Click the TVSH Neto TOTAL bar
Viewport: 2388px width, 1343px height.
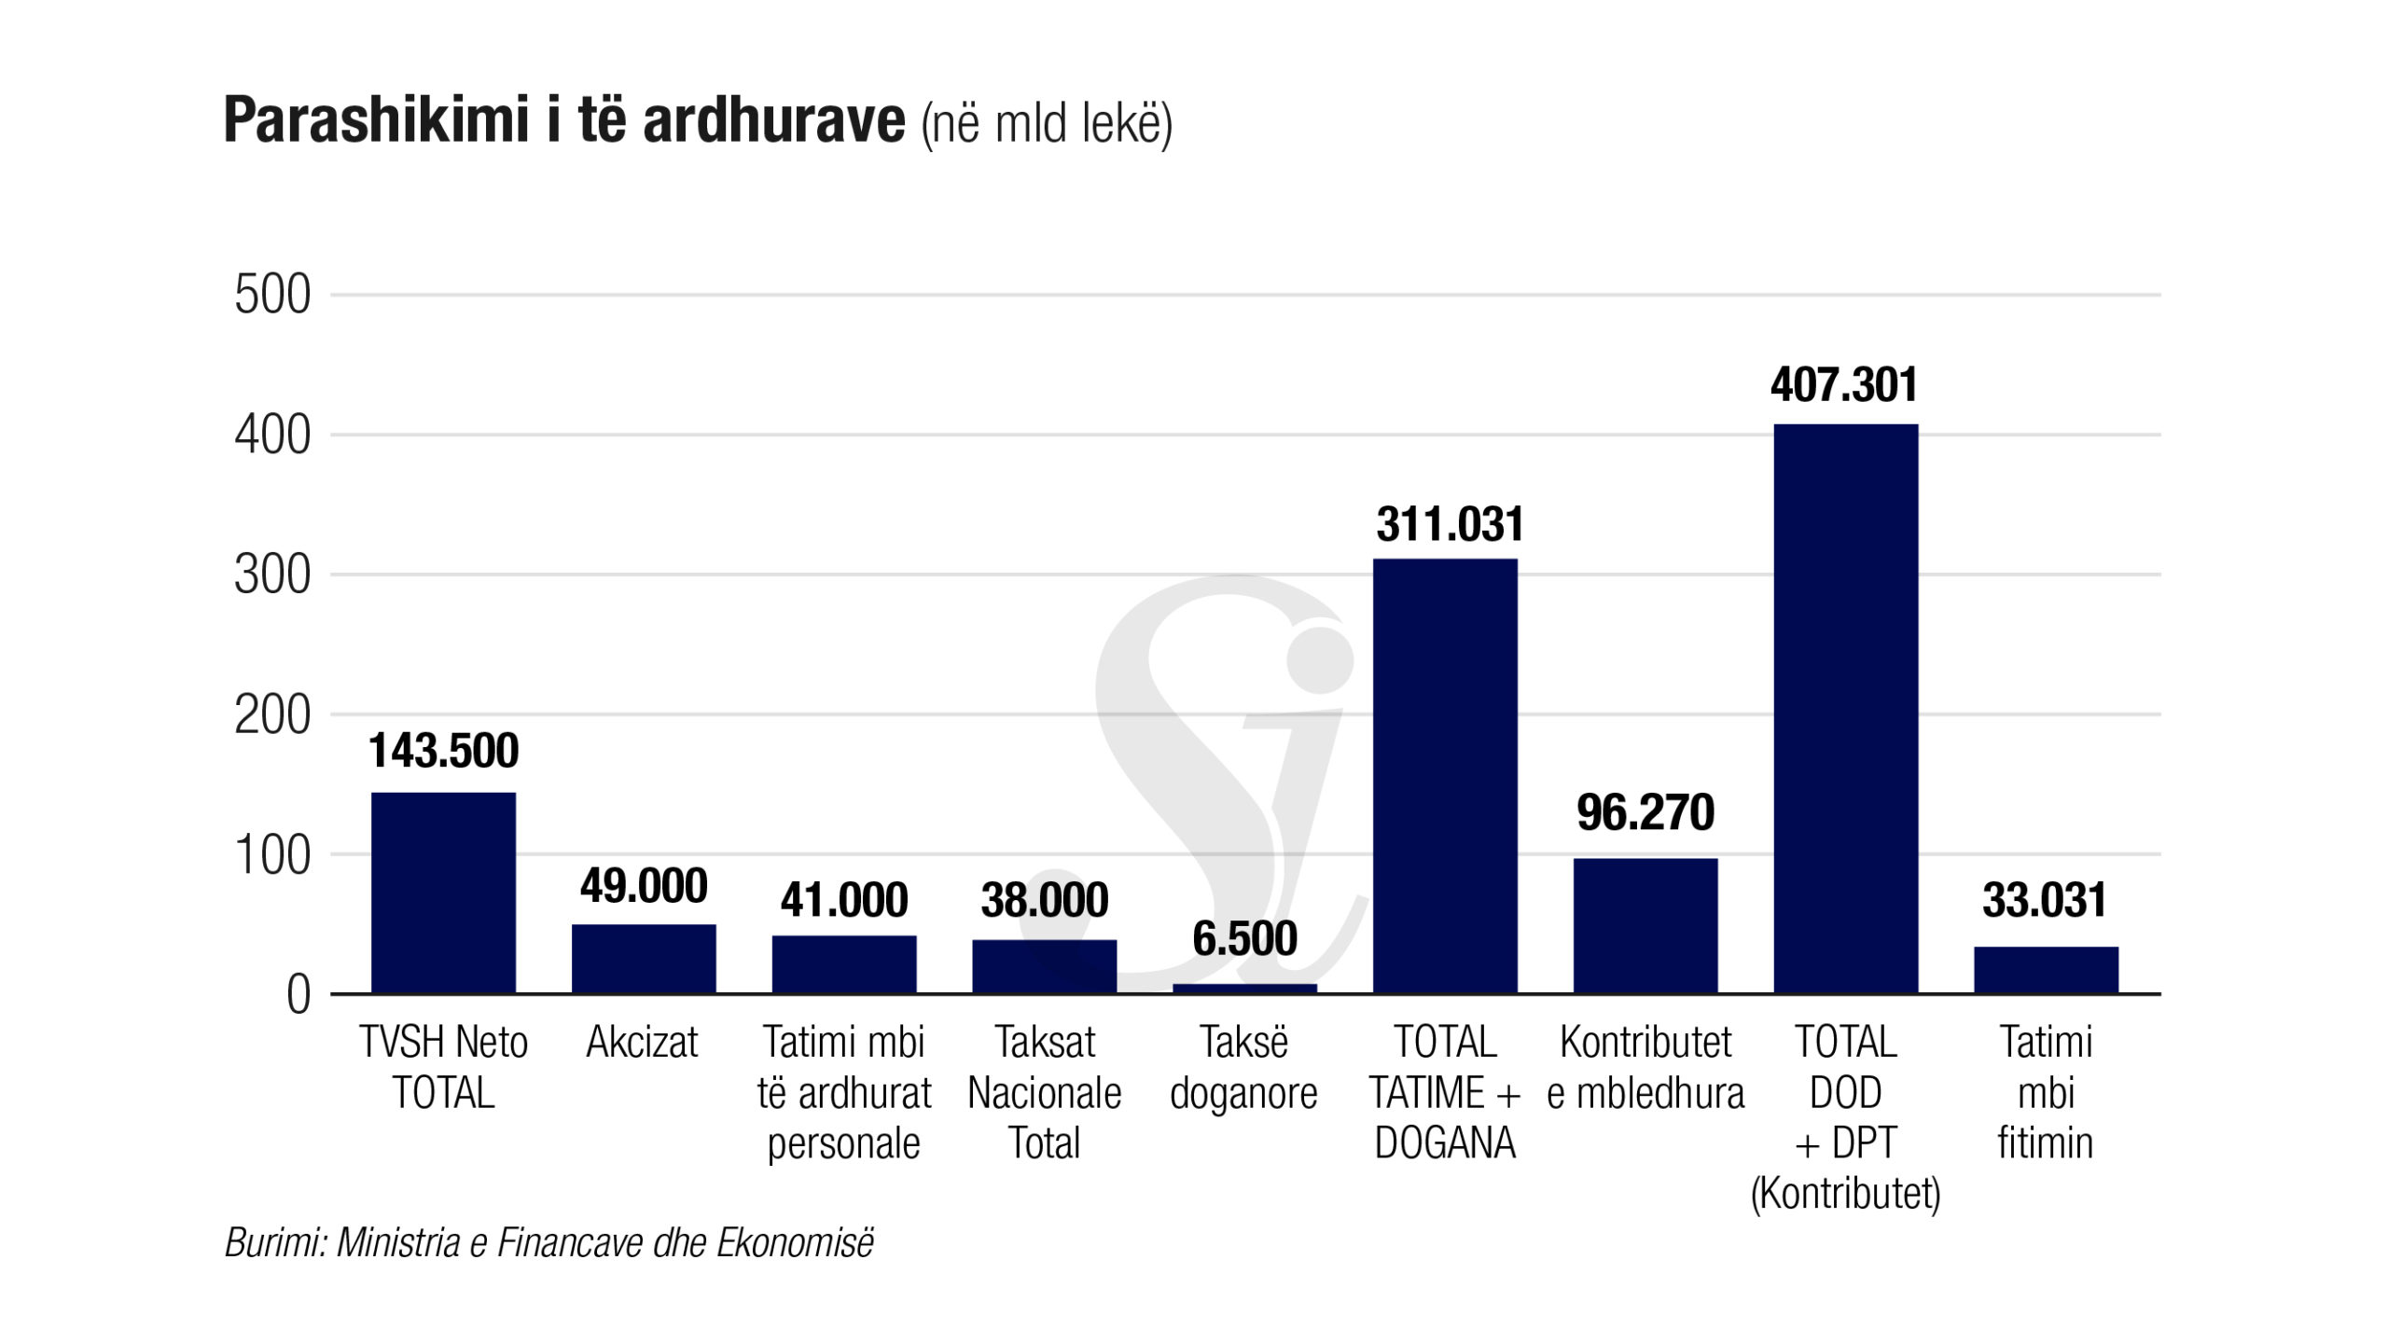pos(443,893)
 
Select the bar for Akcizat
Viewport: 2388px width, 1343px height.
pos(644,959)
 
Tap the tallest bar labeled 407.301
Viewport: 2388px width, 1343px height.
pos(1845,709)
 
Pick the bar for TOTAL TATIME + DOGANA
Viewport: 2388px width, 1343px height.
pos(1445,776)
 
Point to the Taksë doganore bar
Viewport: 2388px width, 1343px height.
pos(1244,989)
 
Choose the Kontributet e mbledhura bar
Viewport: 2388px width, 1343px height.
pos(1645,925)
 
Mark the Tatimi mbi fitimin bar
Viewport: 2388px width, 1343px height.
pos(2046,970)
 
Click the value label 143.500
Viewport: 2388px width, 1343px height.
pos(443,751)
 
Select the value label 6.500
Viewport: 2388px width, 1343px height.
pos(1244,938)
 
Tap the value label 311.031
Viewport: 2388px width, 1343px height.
pos(1450,524)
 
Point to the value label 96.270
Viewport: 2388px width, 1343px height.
pos(1645,812)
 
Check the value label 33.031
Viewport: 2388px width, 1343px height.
pos(2045,901)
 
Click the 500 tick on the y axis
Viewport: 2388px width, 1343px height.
pos(272,296)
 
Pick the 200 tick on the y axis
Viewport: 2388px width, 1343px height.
pos(272,716)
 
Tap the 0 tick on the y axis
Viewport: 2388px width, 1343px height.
pos(298,995)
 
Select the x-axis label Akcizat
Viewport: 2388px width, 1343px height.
pos(642,1043)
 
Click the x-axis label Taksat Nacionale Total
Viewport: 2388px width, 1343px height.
pos(1045,1092)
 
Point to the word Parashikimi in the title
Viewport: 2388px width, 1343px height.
pos(377,120)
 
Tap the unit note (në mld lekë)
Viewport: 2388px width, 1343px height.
pos(1047,124)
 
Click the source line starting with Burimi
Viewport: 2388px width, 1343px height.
pos(549,1242)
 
